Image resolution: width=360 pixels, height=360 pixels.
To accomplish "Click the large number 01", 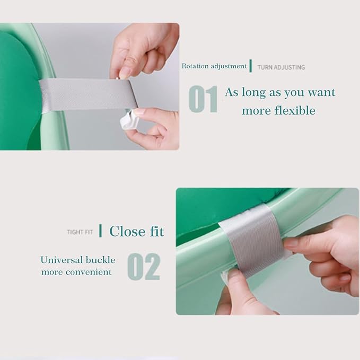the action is point(203,99).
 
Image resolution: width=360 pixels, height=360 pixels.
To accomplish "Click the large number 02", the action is point(144,267).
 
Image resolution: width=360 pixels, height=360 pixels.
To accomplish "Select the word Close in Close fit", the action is point(127,231).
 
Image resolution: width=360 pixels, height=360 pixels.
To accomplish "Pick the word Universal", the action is point(62,260).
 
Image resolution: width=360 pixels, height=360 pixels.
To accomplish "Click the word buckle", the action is point(101,260).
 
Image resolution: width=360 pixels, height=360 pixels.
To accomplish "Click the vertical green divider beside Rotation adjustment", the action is point(251,66).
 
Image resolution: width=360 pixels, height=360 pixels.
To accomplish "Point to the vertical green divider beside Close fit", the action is point(100,231).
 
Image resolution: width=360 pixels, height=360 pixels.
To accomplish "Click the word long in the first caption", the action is point(253,93).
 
